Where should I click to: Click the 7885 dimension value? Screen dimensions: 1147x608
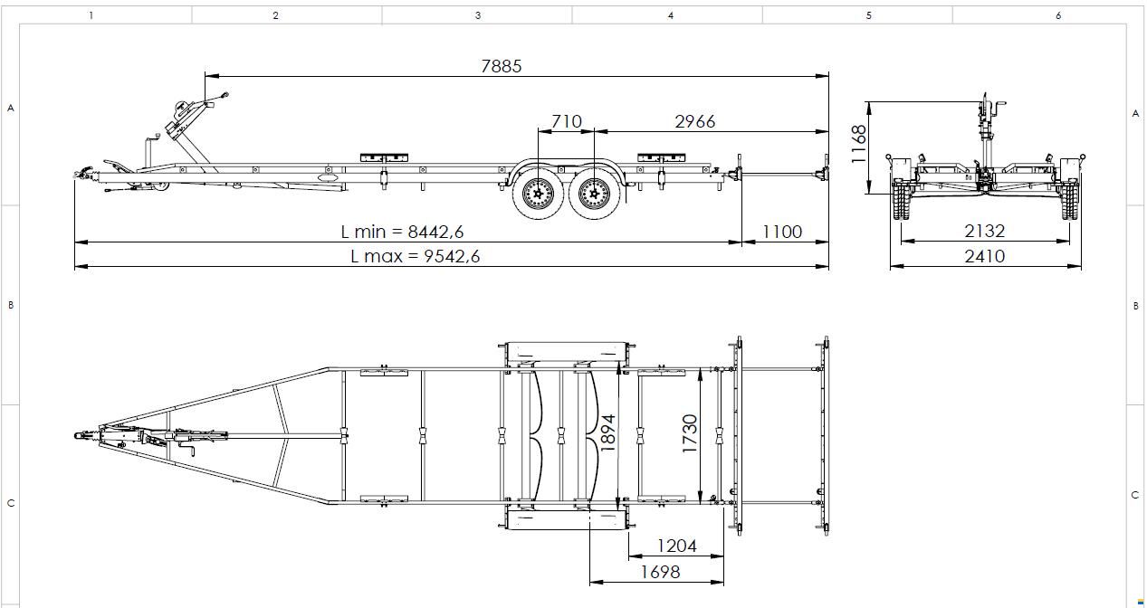point(502,66)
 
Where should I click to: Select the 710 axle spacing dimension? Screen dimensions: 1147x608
point(567,121)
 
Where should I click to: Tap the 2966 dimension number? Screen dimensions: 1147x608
point(695,121)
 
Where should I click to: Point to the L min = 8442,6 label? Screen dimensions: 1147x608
point(402,232)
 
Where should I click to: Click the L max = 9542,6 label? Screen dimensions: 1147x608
point(416,256)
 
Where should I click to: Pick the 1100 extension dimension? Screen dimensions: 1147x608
point(782,232)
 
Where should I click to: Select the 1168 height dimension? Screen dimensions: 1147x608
point(859,145)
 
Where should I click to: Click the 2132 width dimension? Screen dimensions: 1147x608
point(985,232)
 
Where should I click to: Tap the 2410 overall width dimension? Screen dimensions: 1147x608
point(985,256)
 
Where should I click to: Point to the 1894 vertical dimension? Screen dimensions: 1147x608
point(607,433)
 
